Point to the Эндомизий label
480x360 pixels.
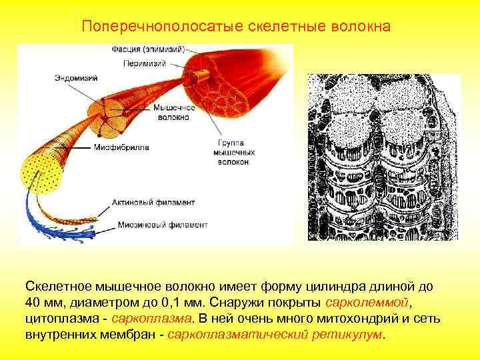coord(76,78)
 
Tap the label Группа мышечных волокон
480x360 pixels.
coord(233,152)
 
